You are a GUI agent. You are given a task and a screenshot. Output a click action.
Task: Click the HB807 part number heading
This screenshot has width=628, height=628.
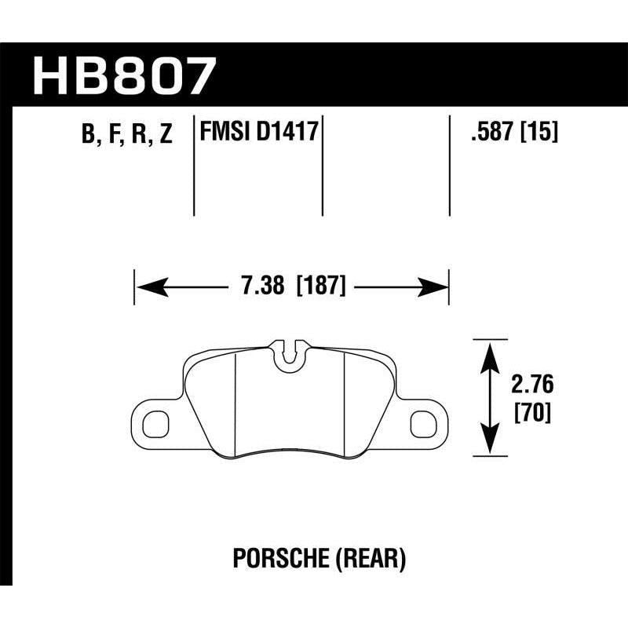[123, 76]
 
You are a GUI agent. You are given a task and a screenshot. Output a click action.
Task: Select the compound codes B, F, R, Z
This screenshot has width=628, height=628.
[126, 135]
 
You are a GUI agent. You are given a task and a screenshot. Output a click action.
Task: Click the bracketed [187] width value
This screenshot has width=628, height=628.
[320, 287]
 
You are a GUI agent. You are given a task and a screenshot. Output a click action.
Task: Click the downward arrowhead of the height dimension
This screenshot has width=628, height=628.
[489, 443]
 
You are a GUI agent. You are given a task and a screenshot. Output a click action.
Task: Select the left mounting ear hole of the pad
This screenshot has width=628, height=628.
[155, 423]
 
